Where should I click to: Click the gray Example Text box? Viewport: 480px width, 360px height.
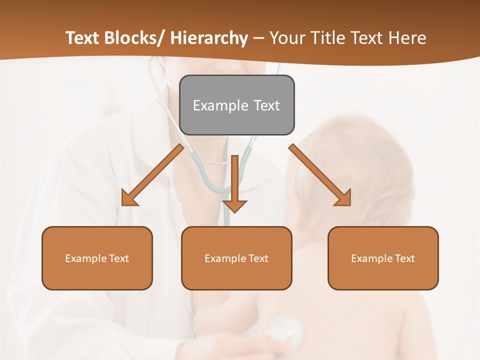236,105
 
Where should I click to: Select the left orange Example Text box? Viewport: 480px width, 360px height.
97,258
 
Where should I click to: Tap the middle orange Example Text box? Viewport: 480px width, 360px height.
236,258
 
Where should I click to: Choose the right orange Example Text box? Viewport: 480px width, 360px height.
383,258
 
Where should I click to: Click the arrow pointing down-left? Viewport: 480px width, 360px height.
152,175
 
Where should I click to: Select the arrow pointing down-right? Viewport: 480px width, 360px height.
320,175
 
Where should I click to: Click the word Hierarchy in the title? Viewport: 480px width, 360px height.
209,38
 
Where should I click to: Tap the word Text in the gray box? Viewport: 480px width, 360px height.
266,105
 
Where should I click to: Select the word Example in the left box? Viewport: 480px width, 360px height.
86,258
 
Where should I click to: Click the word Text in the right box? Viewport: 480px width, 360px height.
404,258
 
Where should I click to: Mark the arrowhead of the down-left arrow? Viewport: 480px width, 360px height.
128,198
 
